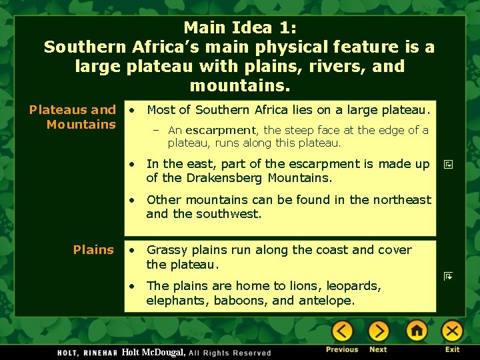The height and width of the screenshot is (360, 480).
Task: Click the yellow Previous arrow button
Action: [x=342, y=331]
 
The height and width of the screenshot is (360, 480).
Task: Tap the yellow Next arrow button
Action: [x=378, y=331]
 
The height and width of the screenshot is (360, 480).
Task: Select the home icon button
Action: [x=417, y=331]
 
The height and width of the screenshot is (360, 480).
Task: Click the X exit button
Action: [x=452, y=331]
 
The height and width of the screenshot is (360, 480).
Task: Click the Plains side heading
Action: [x=93, y=250]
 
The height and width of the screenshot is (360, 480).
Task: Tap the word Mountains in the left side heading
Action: [x=81, y=125]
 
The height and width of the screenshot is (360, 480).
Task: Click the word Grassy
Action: [x=167, y=250]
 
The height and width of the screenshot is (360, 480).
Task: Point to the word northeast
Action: [x=401, y=199]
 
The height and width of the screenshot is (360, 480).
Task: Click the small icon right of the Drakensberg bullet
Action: [x=448, y=164]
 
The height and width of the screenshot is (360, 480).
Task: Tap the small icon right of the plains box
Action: [x=448, y=275]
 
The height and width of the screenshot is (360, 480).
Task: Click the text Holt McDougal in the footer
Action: [x=153, y=351]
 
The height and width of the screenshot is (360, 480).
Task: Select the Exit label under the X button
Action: [x=452, y=349]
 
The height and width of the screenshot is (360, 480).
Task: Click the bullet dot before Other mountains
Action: [x=133, y=199]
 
